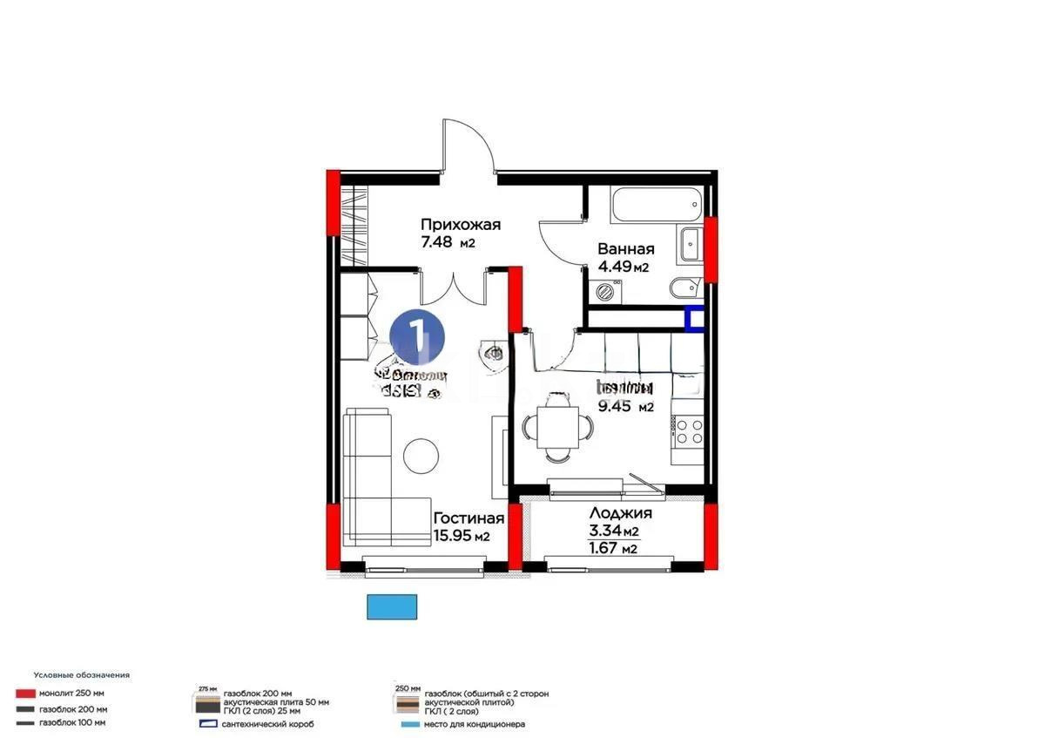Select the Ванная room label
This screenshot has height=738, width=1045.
(x=625, y=249)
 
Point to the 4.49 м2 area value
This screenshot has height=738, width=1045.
(x=623, y=267)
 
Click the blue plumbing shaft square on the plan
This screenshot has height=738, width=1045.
(x=695, y=319)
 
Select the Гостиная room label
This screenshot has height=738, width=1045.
(x=469, y=518)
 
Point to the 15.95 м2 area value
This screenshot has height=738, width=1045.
(x=461, y=537)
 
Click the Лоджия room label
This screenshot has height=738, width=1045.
(x=620, y=513)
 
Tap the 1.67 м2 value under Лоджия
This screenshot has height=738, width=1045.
(x=614, y=547)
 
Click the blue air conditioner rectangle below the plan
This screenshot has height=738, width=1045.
(x=393, y=606)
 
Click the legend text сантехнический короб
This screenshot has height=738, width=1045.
(x=268, y=724)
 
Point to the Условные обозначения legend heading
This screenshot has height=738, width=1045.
(x=82, y=675)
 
